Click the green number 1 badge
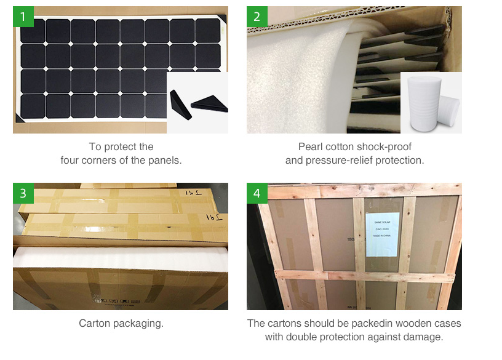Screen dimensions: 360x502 tap(23, 17)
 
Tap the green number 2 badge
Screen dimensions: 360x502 tap(257, 17)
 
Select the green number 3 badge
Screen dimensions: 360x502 tap(23, 193)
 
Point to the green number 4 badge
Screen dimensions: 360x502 tap(257, 193)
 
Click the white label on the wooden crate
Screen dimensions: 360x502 tap(383, 234)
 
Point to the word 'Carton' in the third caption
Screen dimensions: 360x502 tap(94, 323)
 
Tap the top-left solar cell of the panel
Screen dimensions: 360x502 tap(33, 31)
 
